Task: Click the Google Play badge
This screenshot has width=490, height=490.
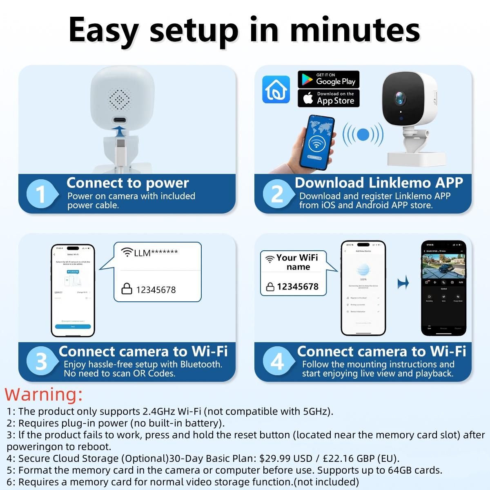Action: point(328,79)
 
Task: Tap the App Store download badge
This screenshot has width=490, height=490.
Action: point(328,98)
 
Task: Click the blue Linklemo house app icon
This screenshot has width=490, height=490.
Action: point(276,89)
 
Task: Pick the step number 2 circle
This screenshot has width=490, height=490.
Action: point(277,194)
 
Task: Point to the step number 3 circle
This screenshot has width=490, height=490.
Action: point(41,362)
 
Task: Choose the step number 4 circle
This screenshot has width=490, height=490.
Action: point(277,362)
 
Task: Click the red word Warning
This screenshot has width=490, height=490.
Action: point(44,394)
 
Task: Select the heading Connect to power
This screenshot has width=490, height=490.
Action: point(127,183)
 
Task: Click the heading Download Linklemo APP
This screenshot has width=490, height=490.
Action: point(379,183)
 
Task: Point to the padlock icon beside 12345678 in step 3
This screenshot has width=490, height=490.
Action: point(127,289)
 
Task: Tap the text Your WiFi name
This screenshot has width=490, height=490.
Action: point(298,262)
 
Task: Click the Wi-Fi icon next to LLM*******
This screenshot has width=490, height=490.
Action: point(127,252)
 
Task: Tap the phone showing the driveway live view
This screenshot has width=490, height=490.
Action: point(443,288)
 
